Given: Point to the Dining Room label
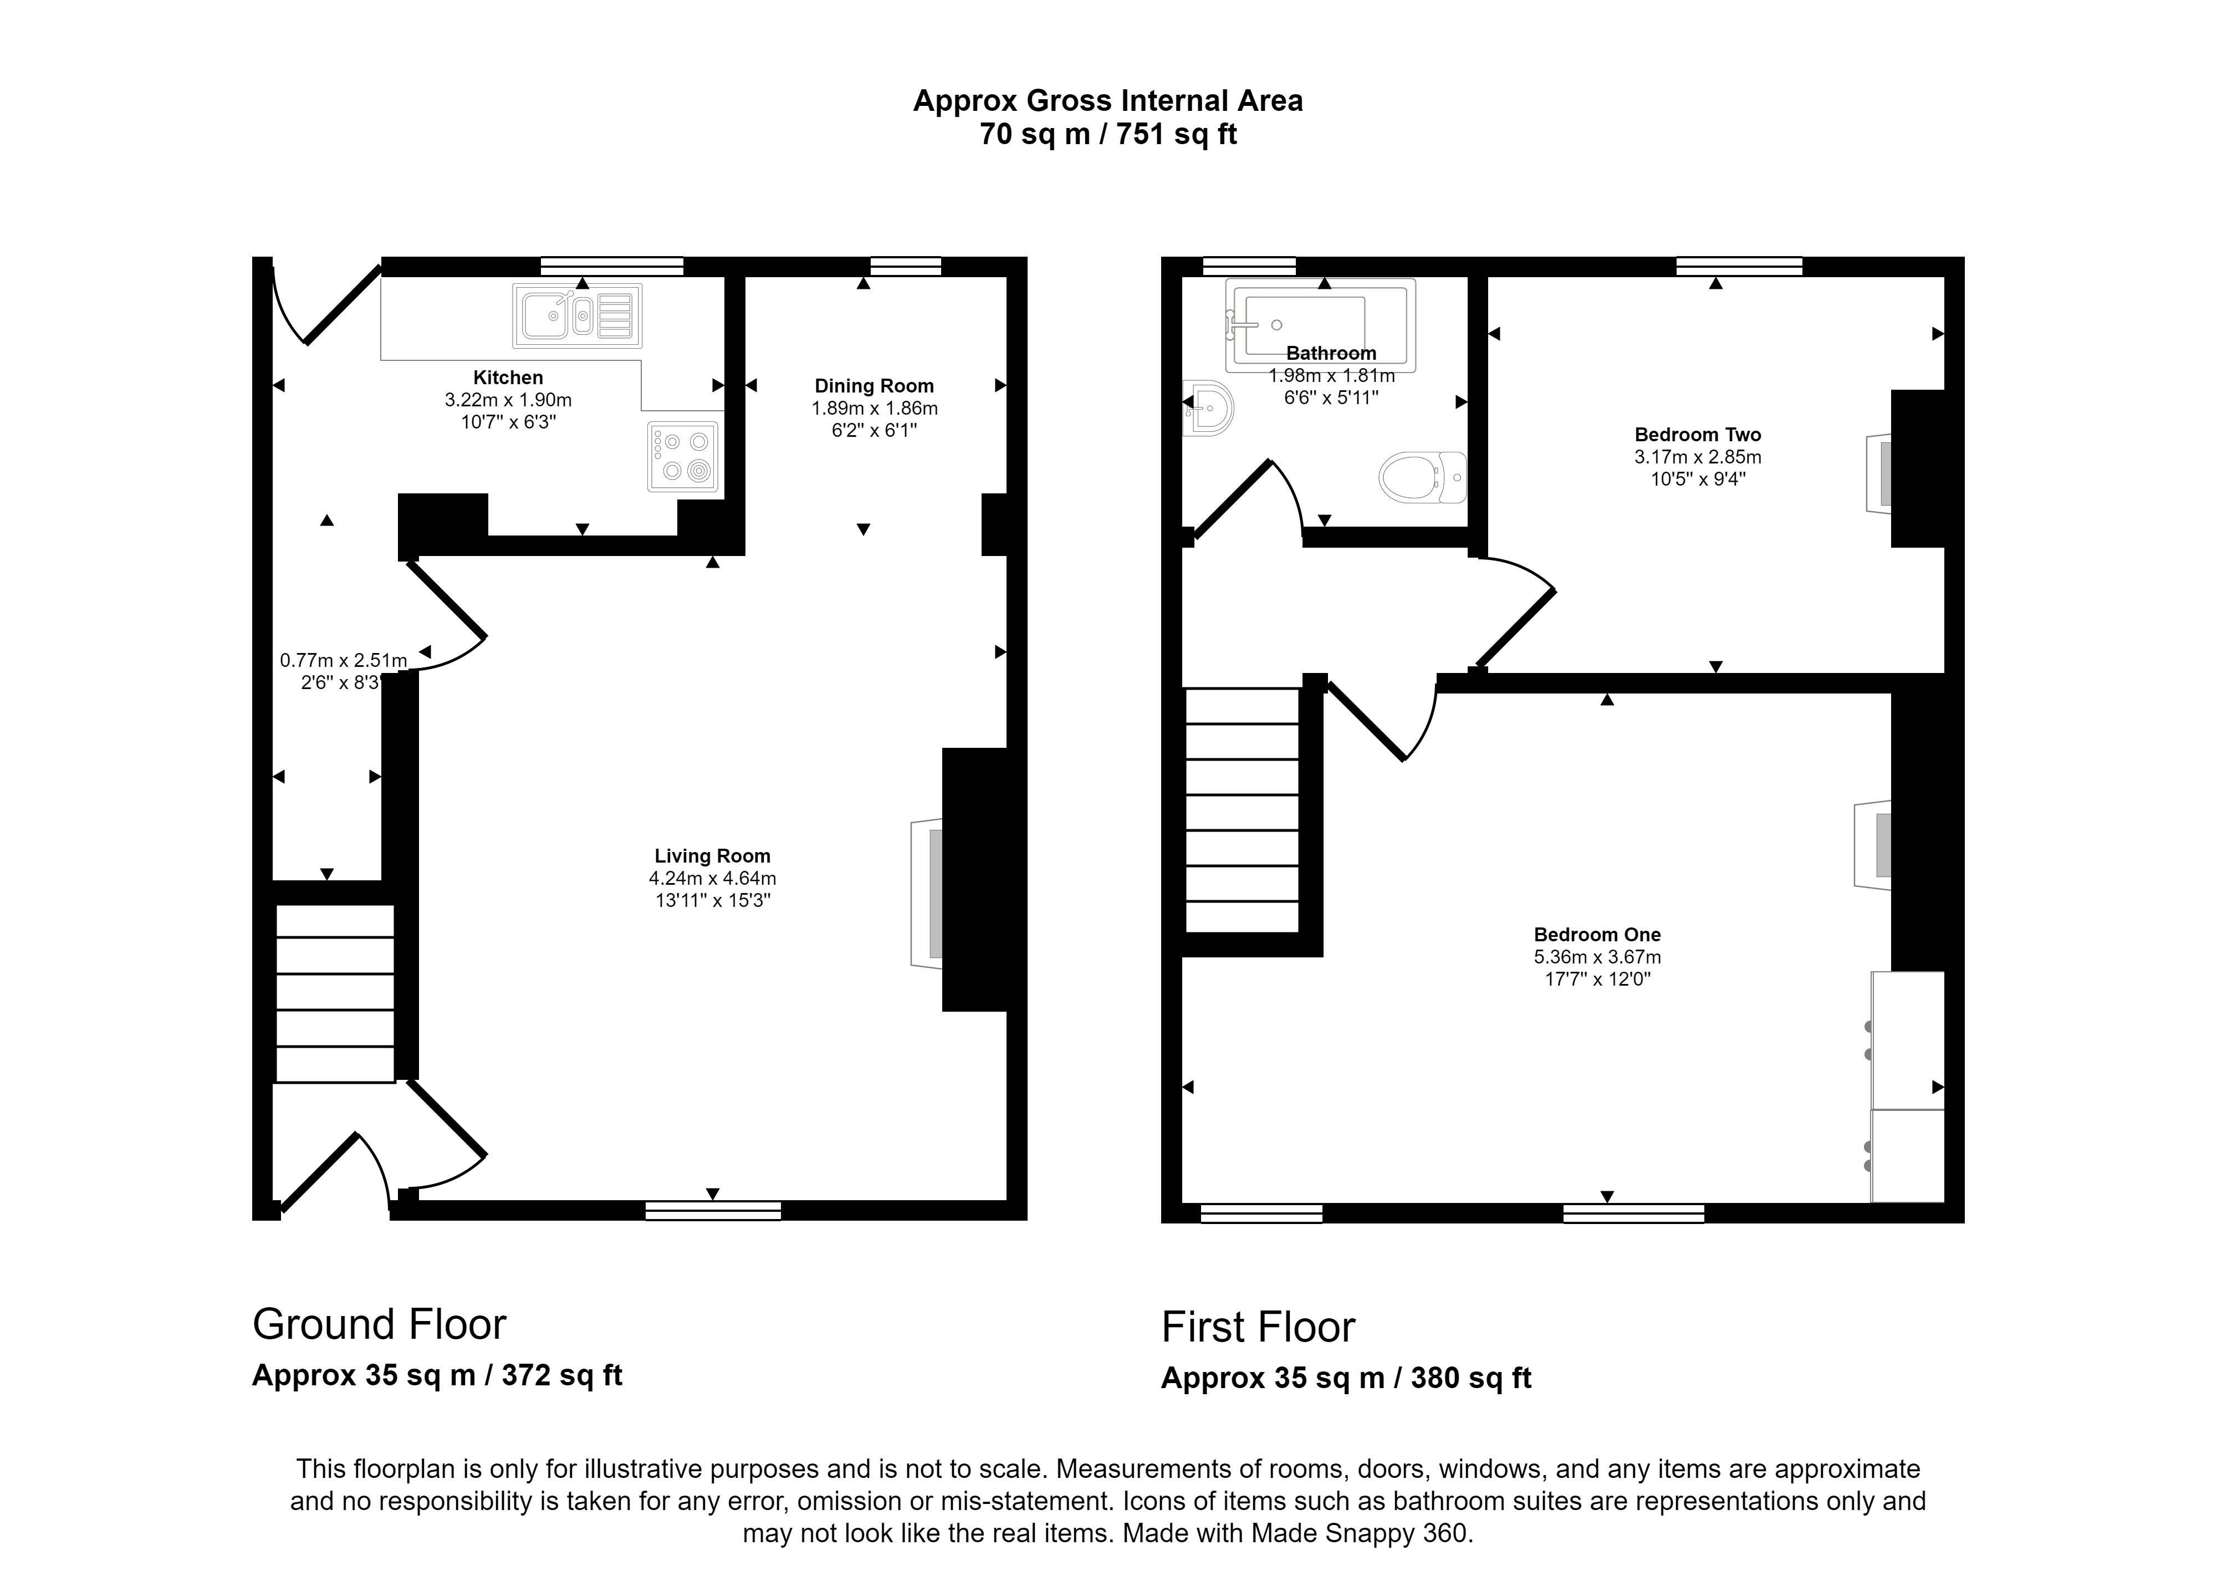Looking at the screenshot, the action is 874,386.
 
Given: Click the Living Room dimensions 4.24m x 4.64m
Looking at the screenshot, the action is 713,878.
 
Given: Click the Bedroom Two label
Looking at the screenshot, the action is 1698,435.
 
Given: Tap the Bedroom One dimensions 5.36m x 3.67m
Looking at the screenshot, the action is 1597,957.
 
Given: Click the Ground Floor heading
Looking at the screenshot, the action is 379,1325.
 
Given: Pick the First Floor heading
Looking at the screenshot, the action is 1258,1328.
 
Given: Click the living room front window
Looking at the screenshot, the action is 713,1211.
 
